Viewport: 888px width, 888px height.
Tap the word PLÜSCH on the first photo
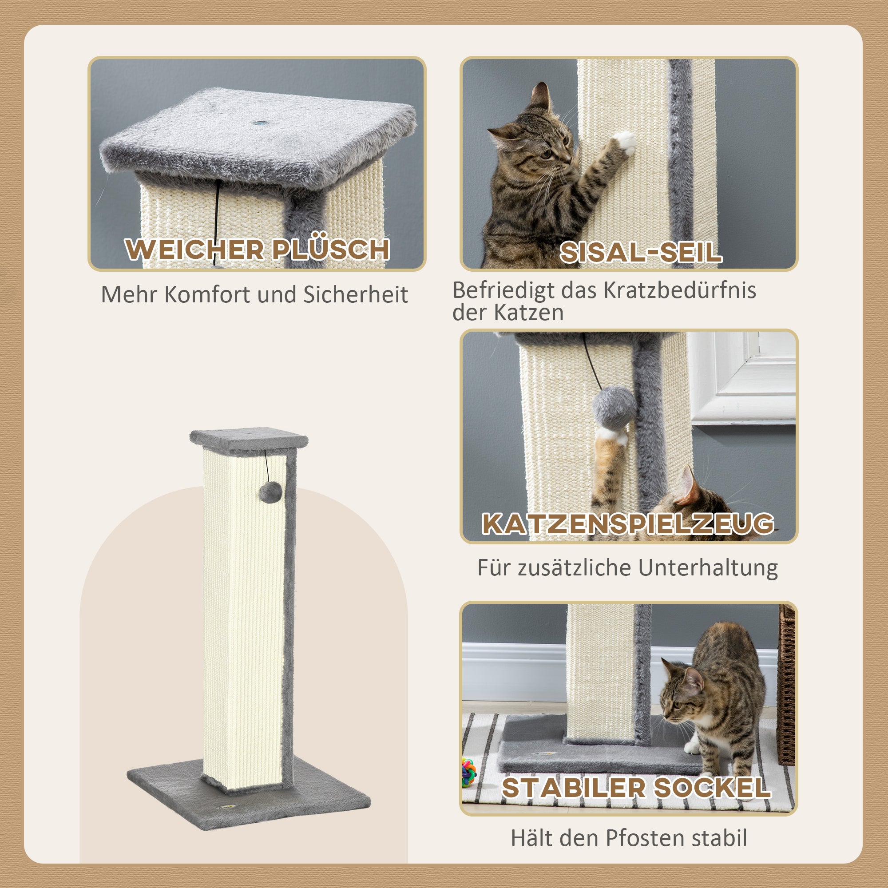330,250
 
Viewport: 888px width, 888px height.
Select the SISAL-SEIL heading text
641,252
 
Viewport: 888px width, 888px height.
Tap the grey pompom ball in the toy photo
614,407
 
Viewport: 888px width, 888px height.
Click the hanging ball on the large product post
270,492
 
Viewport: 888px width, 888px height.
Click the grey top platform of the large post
249,439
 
